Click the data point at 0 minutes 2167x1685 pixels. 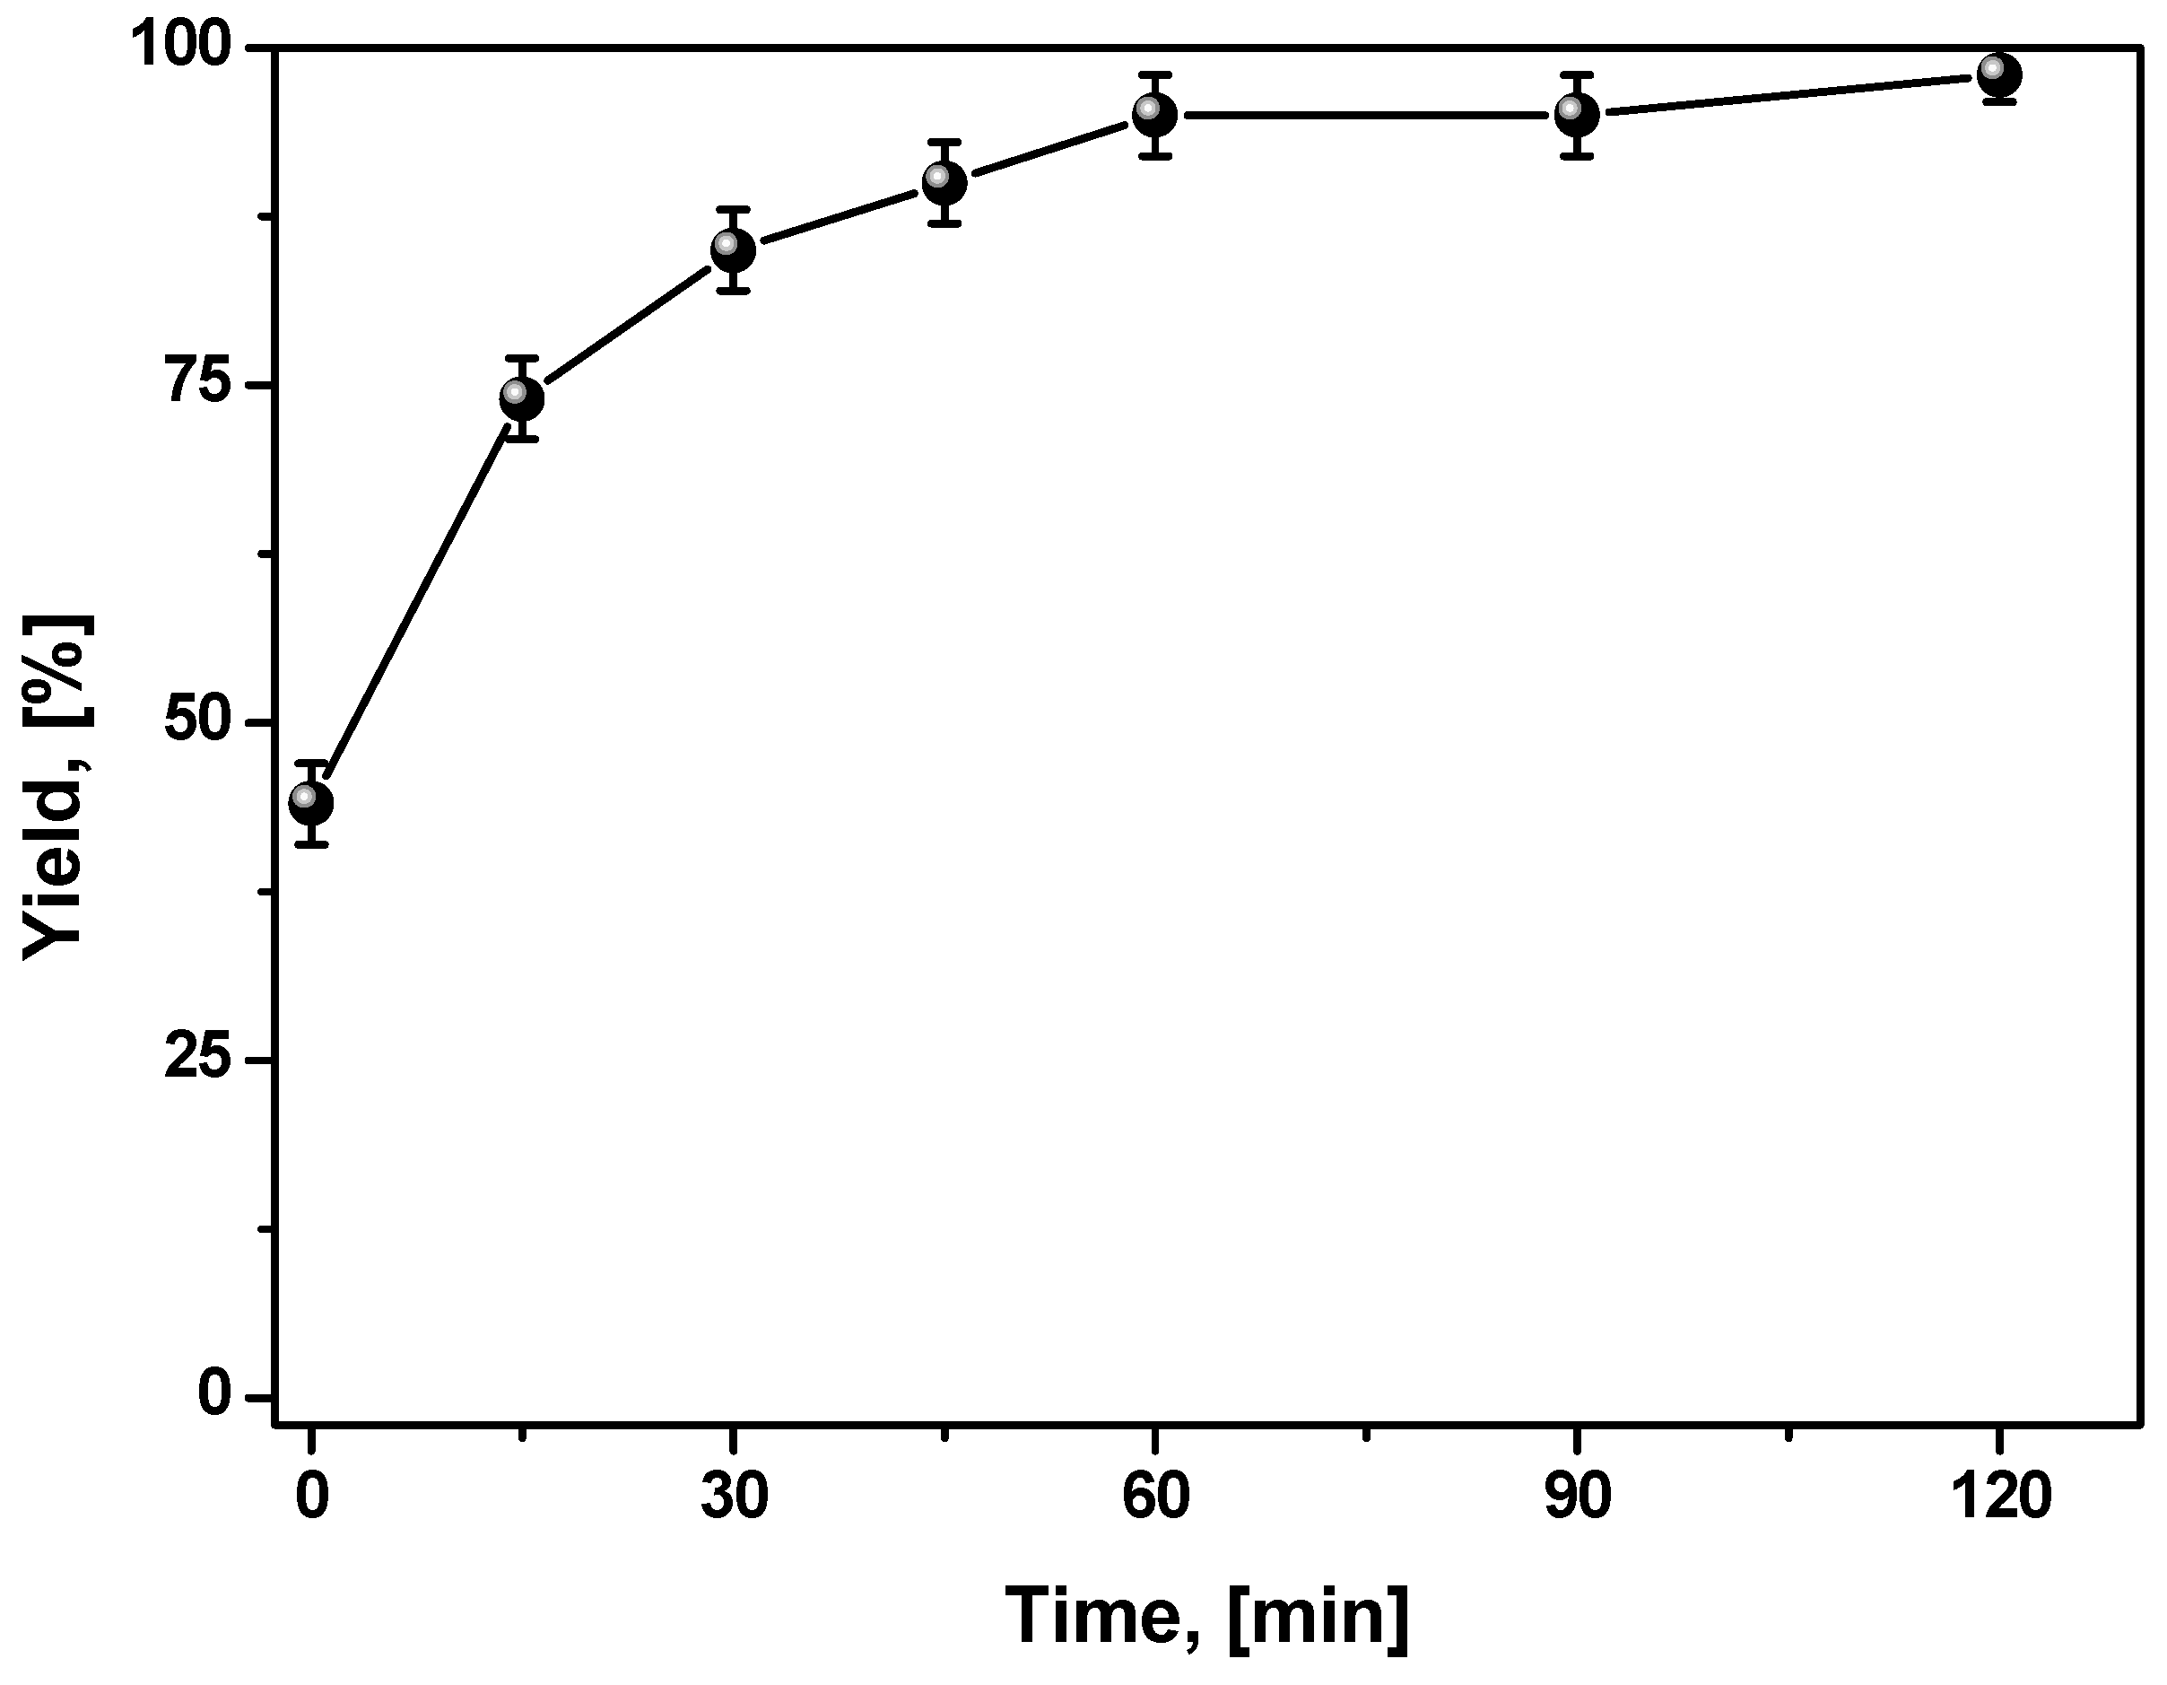click(310, 802)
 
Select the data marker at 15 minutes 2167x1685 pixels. click(522, 398)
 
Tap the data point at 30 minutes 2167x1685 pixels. click(732, 250)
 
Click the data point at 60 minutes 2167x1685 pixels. click(1155, 115)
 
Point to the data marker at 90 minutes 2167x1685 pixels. click(1577, 115)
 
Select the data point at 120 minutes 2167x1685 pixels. click(1998, 74)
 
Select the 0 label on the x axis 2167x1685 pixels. click(310, 1496)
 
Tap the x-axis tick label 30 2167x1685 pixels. click(734, 1496)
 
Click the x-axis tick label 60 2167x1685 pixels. click(1155, 1496)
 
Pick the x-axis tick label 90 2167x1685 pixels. click(1577, 1496)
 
